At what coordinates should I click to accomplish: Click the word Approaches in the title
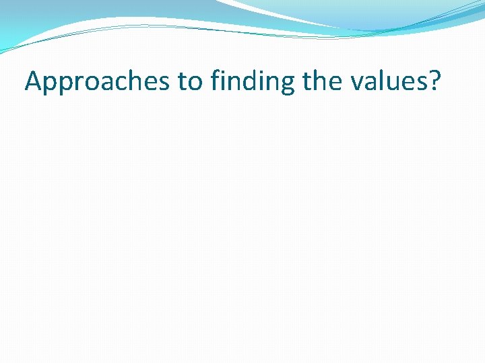click(x=98, y=81)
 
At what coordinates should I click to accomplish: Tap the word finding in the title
click(x=253, y=81)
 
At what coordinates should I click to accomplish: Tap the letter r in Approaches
click(x=79, y=83)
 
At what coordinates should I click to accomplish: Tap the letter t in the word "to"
click(x=183, y=81)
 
